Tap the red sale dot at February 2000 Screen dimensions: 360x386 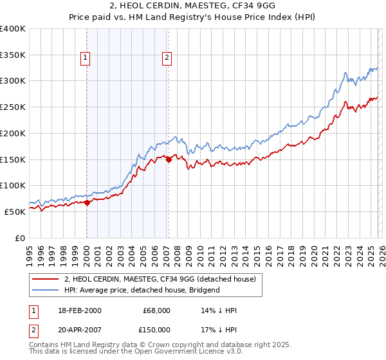point(87,203)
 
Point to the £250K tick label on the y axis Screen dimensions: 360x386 point(13,107)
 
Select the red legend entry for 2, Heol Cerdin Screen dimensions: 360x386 point(160,279)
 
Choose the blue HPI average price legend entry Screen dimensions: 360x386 point(142,290)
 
